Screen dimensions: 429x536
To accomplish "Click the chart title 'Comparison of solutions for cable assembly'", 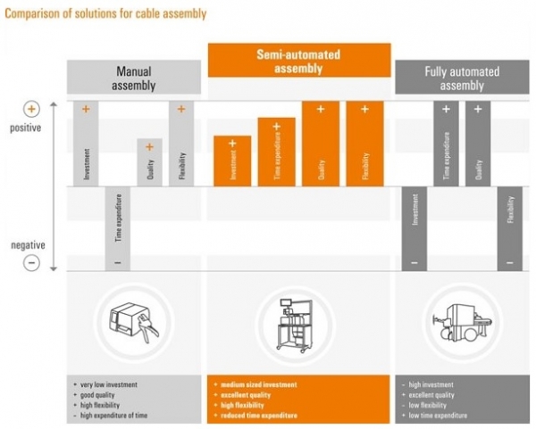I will pos(105,13).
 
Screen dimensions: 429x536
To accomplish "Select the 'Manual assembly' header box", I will pos(133,78).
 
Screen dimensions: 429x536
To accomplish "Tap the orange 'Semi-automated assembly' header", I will pos(299,60).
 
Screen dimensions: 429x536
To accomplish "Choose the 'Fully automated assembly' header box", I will pos(461,78).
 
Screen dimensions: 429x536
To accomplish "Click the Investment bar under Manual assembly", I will pos(87,143).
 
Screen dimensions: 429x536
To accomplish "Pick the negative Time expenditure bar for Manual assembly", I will pos(117,227).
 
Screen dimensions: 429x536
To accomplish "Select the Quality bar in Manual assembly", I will pos(149,162).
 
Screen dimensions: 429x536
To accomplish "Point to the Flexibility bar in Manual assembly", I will pos(180,143).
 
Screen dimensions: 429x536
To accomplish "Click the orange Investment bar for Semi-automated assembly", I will pos(232,161).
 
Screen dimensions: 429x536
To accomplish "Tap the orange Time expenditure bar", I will pos(276,152).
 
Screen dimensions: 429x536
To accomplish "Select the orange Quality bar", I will pos(321,143).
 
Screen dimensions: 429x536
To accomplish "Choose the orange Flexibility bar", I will pos(364,143).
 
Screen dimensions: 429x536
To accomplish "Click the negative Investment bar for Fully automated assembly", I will pos(415,227).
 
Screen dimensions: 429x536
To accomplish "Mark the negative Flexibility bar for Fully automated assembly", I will pos(510,227).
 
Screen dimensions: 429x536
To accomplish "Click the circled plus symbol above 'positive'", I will pos(31,110).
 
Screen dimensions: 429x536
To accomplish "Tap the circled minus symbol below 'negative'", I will pos(31,263).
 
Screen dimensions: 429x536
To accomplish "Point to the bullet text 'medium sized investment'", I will pos(257,384).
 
